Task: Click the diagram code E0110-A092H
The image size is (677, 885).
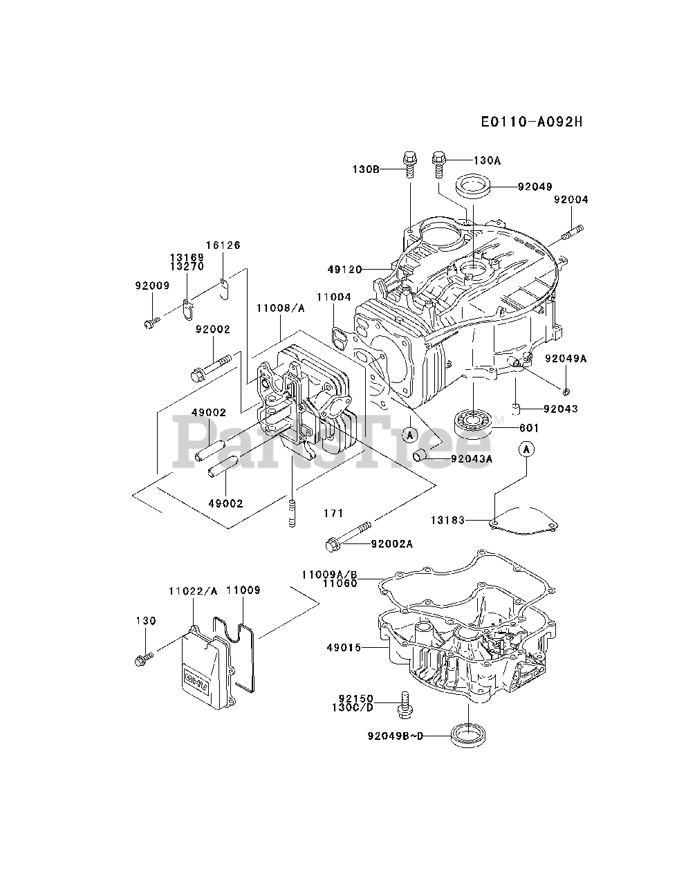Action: (532, 122)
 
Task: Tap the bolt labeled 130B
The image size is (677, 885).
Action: (409, 165)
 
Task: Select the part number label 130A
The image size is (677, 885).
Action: (487, 160)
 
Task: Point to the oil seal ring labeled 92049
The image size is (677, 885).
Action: (472, 186)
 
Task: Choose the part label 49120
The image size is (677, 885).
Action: (344, 270)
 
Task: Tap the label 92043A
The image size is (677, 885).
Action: (472, 458)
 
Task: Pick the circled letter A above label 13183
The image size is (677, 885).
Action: (527, 449)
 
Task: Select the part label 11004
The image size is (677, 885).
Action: (334, 297)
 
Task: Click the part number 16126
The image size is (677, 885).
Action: (223, 245)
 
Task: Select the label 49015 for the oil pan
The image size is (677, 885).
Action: (344, 648)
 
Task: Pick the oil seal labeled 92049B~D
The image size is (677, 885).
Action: (468, 736)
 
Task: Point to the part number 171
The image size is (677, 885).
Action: (333, 513)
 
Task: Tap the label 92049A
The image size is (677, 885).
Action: (566, 358)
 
